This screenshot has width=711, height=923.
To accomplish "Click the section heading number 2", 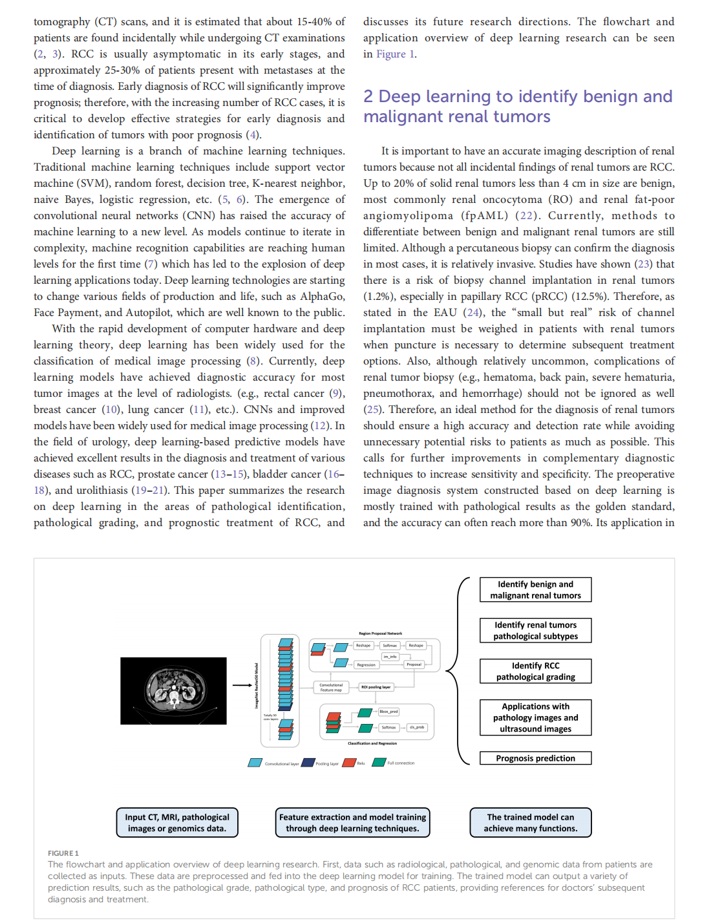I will pyautogui.click(x=368, y=97).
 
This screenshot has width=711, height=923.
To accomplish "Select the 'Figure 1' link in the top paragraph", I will pyautogui.click(x=396, y=54).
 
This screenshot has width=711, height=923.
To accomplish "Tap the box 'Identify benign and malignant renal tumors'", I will pyautogui.click(x=535, y=589).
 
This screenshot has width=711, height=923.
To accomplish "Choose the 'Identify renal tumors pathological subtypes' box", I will pyautogui.click(x=535, y=630).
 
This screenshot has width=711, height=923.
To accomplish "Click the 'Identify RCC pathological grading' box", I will pyautogui.click(x=535, y=671).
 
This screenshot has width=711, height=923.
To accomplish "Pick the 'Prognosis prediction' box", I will pyautogui.click(x=535, y=758).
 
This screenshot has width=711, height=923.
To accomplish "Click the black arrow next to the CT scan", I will pyautogui.click(x=242, y=685).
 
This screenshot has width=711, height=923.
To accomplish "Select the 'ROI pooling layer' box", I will pyautogui.click(x=376, y=687).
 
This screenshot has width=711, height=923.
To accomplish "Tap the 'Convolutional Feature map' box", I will pyautogui.click(x=331, y=687).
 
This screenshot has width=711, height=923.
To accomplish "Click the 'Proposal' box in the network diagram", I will pyautogui.click(x=414, y=664).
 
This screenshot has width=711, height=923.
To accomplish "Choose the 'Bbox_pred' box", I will pyautogui.click(x=388, y=712).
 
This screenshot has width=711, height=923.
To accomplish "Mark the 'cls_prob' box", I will pyautogui.click(x=417, y=727).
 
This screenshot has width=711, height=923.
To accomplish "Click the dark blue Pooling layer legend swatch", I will pyautogui.click(x=308, y=763).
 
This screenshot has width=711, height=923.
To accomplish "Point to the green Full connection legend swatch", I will pyautogui.click(x=379, y=763).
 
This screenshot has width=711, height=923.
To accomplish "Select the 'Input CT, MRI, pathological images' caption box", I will pyautogui.click(x=177, y=823).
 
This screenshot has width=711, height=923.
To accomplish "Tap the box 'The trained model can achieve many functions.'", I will pyautogui.click(x=531, y=823).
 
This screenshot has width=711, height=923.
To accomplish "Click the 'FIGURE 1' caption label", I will pyautogui.click(x=63, y=853).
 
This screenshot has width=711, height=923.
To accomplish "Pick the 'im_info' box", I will pyautogui.click(x=390, y=656).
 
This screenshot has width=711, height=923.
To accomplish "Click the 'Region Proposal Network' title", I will pyautogui.click(x=380, y=633).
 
